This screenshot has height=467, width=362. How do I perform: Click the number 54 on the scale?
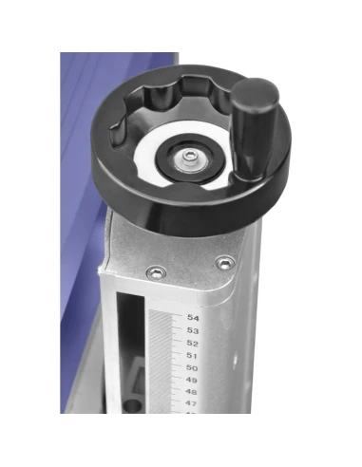tap(193, 318)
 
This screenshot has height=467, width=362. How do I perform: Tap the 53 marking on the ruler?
tap(193, 330)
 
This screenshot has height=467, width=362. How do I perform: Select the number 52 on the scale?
tap(193, 343)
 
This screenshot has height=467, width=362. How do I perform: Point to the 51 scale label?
tap(193, 355)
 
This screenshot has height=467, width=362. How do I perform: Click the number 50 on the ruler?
tap(193, 367)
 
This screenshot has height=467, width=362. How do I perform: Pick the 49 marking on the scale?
tap(193, 380)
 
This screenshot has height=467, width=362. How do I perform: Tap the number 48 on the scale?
tap(192, 392)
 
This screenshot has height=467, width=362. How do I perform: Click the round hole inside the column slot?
tap(131, 405)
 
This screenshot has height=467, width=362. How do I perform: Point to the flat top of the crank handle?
tap(255, 92)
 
